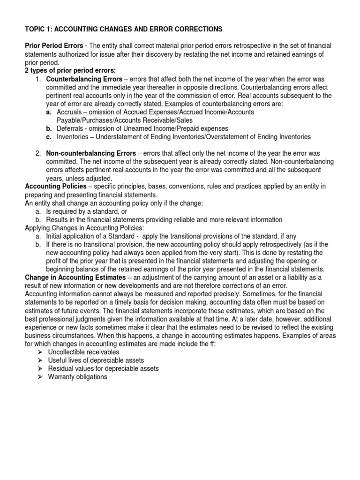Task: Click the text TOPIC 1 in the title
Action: click(x=38, y=29)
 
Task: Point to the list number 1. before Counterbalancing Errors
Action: click(x=38, y=79)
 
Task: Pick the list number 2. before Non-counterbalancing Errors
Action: click(x=38, y=154)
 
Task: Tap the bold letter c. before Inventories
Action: click(x=48, y=137)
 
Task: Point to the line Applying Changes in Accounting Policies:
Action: click(x=84, y=228)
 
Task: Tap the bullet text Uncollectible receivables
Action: click(x=83, y=352)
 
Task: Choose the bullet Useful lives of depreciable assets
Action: click(x=96, y=360)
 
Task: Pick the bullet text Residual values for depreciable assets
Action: click(x=103, y=368)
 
